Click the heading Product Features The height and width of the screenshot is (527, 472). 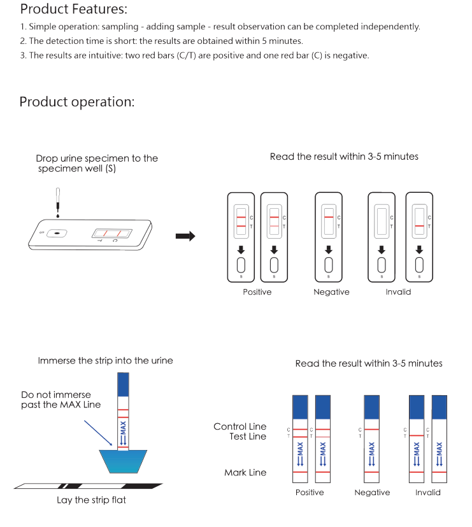click(x=73, y=10)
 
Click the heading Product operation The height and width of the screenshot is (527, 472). click(x=76, y=102)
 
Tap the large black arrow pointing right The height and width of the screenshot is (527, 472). click(x=185, y=236)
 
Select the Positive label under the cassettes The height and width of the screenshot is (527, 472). click(x=257, y=292)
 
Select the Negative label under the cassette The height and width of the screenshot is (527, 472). click(x=331, y=292)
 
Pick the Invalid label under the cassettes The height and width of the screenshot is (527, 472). click(x=398, y=292)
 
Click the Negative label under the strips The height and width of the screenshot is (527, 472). click(x=372, y=493)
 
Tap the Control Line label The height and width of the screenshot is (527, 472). click(x=240, y=426)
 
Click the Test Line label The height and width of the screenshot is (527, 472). click(x=248, y=437)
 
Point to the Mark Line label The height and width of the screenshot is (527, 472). click(x=245, y=472)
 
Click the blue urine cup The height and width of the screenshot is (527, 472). click(x=124, y=461)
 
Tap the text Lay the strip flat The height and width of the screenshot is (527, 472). click(x=91, y=500)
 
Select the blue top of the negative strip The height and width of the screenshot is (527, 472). click(x=372, y=407)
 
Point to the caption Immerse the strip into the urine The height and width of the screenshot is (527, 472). click(x=105, y=360)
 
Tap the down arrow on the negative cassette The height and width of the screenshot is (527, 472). click(x=329, y=249)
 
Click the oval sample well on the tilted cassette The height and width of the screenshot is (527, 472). click(x=58, y=233)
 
